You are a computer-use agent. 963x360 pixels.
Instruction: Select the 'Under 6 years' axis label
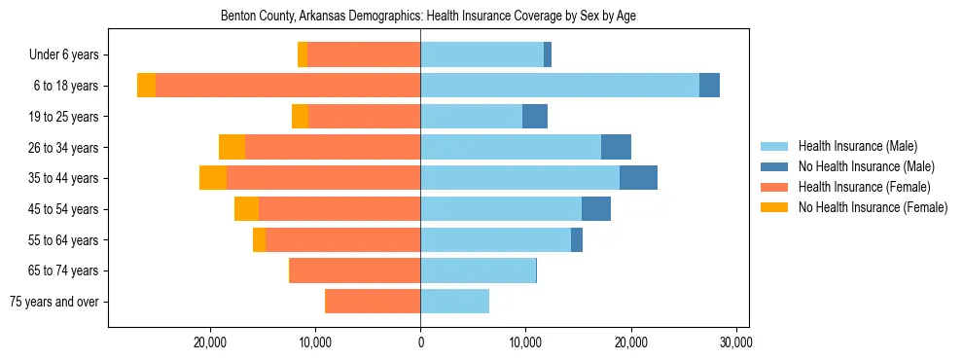pos(70,54)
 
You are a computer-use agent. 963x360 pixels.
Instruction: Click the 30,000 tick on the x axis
pos(735,342)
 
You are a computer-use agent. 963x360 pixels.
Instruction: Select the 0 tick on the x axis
pos(420,342)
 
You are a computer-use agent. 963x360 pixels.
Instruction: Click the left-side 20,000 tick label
pos(210,342)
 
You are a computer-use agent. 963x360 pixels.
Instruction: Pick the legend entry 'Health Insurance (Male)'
pos(857,146)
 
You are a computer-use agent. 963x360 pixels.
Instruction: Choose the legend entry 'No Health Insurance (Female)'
pos(872,207)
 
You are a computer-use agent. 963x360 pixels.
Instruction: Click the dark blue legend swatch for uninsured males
pos(774,166)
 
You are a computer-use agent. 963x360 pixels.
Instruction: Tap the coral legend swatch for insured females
pos(774,187)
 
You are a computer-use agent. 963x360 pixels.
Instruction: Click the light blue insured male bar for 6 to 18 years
pos(559,86)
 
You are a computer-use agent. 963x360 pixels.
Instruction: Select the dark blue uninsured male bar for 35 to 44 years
pos(638,178)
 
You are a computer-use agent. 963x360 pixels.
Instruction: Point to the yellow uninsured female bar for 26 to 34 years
pos(232,147)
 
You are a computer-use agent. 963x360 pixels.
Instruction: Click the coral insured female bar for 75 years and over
pos(373,302)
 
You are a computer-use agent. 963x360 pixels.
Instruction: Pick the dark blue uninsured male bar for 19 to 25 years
pos(535,117)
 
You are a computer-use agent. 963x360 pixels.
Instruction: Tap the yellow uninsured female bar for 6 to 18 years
pos(146,86)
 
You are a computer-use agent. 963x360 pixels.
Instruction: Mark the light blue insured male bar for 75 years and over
pos(454,302)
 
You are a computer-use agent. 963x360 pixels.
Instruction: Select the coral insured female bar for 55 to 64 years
pos(342,240)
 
